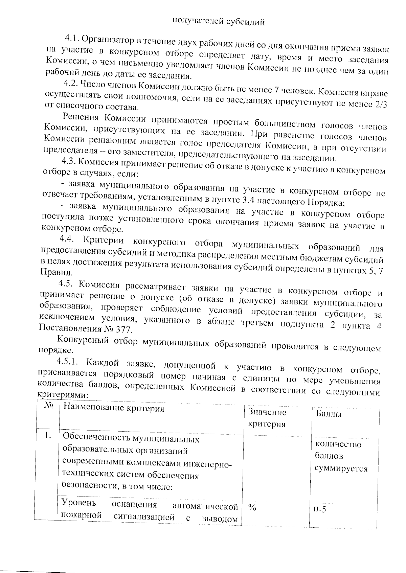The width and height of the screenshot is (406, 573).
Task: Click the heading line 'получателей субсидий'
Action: pyautogui.click(x=218, y=22)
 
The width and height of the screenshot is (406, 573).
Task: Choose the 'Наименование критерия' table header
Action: pyautogui.click(x=114, y=408)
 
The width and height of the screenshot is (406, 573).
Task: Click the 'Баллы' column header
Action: pyautogui.click(x=328, y=414)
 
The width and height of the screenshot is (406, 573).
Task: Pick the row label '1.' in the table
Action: pyautogui.click(x=48, y=436)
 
